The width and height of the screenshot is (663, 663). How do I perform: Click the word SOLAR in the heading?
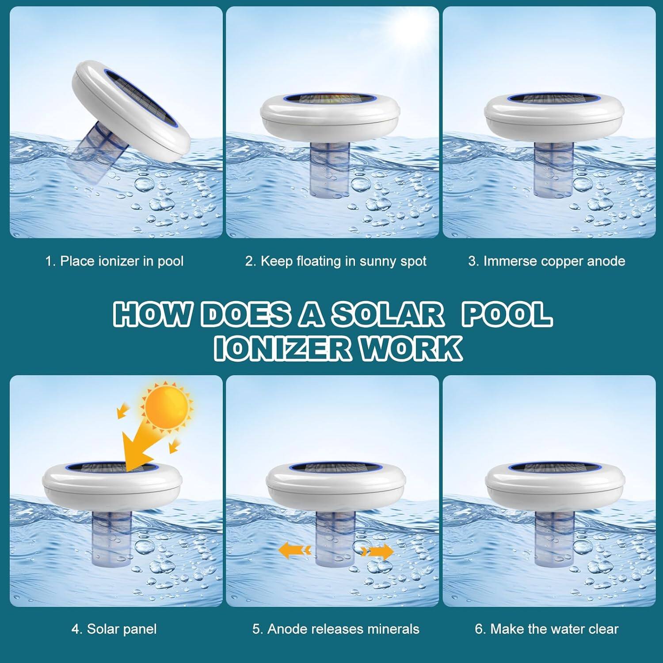pyautogui.click(x=387, y=314)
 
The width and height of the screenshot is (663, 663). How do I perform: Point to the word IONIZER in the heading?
pyautogui.click(x=282, y=349)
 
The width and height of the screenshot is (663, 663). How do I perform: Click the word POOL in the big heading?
pyautogui.click(x=507, y=314)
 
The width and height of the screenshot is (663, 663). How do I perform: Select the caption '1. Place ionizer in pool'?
pyautogui.click(x=114, y=261)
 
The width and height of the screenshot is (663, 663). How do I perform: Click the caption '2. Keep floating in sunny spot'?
pyautogui.click(x=335, y=261)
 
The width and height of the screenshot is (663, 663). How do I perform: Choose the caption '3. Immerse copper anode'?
pyautogui.click(x=546, y=261)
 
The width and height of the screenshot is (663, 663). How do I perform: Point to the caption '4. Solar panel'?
pyautogui.click(x=114, y=629)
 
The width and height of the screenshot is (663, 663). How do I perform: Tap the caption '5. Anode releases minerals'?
pyautogui.click(x=335, y=629)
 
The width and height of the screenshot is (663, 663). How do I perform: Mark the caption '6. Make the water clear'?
pyautogui.click(x=546, y=629)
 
